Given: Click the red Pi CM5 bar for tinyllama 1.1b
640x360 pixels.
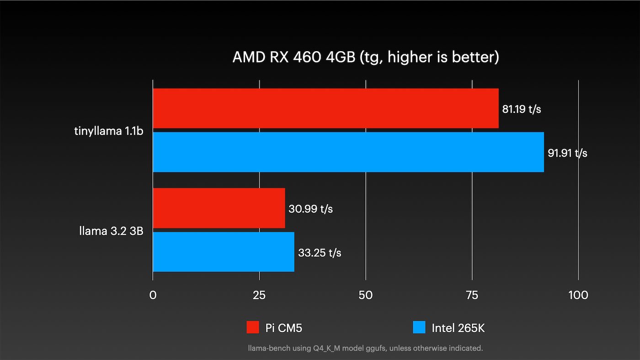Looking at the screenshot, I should click(x=325, y=108).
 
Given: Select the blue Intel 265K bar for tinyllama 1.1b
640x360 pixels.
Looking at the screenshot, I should click(x=348, y=152).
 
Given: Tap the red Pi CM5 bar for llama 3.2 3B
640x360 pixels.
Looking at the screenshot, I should click(x=219, y=208).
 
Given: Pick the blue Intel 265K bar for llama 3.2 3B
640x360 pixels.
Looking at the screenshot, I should click(x=223, y=252).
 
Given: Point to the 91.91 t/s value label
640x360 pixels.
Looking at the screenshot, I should click(x=567, y=153).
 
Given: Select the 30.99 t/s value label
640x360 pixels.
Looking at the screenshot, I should click(x=310, y=209).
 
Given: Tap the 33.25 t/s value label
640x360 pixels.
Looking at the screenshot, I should click(x=320, y=253).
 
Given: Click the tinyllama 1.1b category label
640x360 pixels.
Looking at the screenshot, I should click(x=109, y=131).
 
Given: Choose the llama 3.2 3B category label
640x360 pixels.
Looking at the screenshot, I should click(x=111, y=231).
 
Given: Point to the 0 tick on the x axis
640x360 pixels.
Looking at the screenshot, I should click(x=153, y=295).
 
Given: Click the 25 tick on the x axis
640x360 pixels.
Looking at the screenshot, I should click(x=259, y=295).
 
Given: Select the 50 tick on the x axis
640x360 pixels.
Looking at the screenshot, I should click(x=366, y=295).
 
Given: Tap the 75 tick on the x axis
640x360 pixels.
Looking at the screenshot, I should click(x=472, y=295).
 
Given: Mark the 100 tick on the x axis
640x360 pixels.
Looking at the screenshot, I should click(x=578, y=295).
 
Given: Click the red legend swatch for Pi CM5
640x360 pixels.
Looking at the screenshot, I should click(x=253, y=328).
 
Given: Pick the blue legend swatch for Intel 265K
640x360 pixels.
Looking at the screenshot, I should click(x=419, y=328).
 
